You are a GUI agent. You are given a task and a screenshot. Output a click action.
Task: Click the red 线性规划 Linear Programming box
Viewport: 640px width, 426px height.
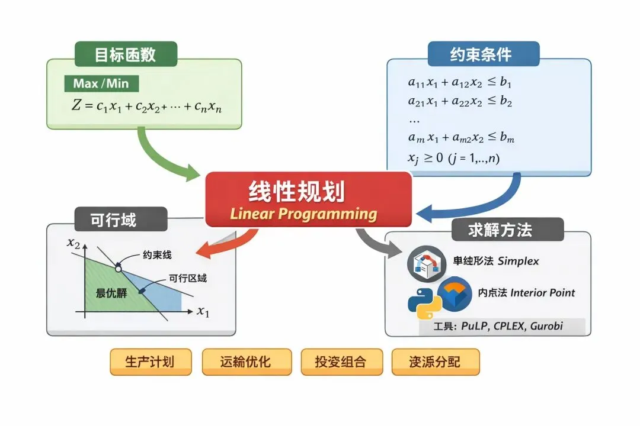(308, 199)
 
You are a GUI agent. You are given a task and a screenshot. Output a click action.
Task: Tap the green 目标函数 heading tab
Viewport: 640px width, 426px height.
(126, 54)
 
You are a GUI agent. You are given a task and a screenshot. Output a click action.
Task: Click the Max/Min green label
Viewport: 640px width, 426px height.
(101, 83)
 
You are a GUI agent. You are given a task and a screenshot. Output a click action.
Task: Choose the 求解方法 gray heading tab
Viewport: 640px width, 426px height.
(500, 230)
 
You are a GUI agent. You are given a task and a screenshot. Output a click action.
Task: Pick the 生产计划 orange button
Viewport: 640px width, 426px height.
(150, 362)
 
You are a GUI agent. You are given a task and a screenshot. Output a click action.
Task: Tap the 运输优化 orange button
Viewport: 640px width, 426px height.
(247, 362)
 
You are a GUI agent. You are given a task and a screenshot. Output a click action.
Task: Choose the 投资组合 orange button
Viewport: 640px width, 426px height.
(341, 362)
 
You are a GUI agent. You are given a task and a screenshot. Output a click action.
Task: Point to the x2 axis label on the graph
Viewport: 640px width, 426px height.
(73, 243)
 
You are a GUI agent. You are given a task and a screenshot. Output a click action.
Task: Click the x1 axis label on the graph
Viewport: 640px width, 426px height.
(203, 311)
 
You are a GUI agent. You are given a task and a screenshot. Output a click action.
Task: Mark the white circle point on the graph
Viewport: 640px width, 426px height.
(119, 269)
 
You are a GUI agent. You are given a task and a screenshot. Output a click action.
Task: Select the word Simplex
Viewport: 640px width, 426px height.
(519, 261)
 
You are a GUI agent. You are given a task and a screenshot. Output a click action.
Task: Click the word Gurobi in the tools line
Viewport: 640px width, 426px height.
(546, 326)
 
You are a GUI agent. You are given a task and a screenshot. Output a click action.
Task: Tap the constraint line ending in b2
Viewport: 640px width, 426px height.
(460, 101)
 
